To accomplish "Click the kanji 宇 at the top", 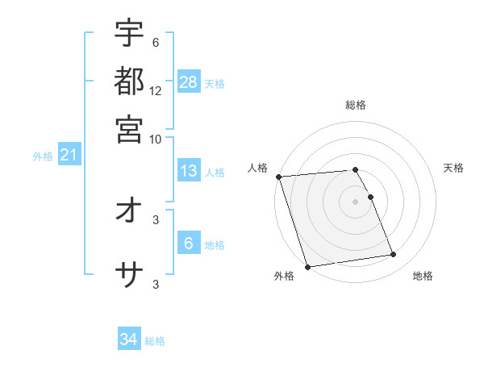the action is (x=129, y=35).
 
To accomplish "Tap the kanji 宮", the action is (x=129, y=128).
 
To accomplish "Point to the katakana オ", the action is (x=129, y=211).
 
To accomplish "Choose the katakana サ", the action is (x=129, y=277).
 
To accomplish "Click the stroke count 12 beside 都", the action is (x=156, y=90).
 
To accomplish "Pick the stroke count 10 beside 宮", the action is (x=156, y=139).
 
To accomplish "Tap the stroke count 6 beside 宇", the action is (x=156, y=42).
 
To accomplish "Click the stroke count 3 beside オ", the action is (x=156, y=219).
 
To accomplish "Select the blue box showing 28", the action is (x=189, y=81).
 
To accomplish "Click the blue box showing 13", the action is (x=189, y=171).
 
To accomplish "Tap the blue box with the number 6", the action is (x=189, y=244).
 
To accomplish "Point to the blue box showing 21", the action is (x=68, y=156).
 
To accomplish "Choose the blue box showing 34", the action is (x=129, y=339).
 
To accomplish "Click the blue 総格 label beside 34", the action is (x=155, y=341).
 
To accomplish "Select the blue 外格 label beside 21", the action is (x=43, y=156).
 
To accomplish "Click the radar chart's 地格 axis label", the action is (x=423, y=276).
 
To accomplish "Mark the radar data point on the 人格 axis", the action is (x=278, y=177).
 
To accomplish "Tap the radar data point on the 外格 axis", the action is (x=308, y=266).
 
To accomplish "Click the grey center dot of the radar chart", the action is (x=356, y=201).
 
